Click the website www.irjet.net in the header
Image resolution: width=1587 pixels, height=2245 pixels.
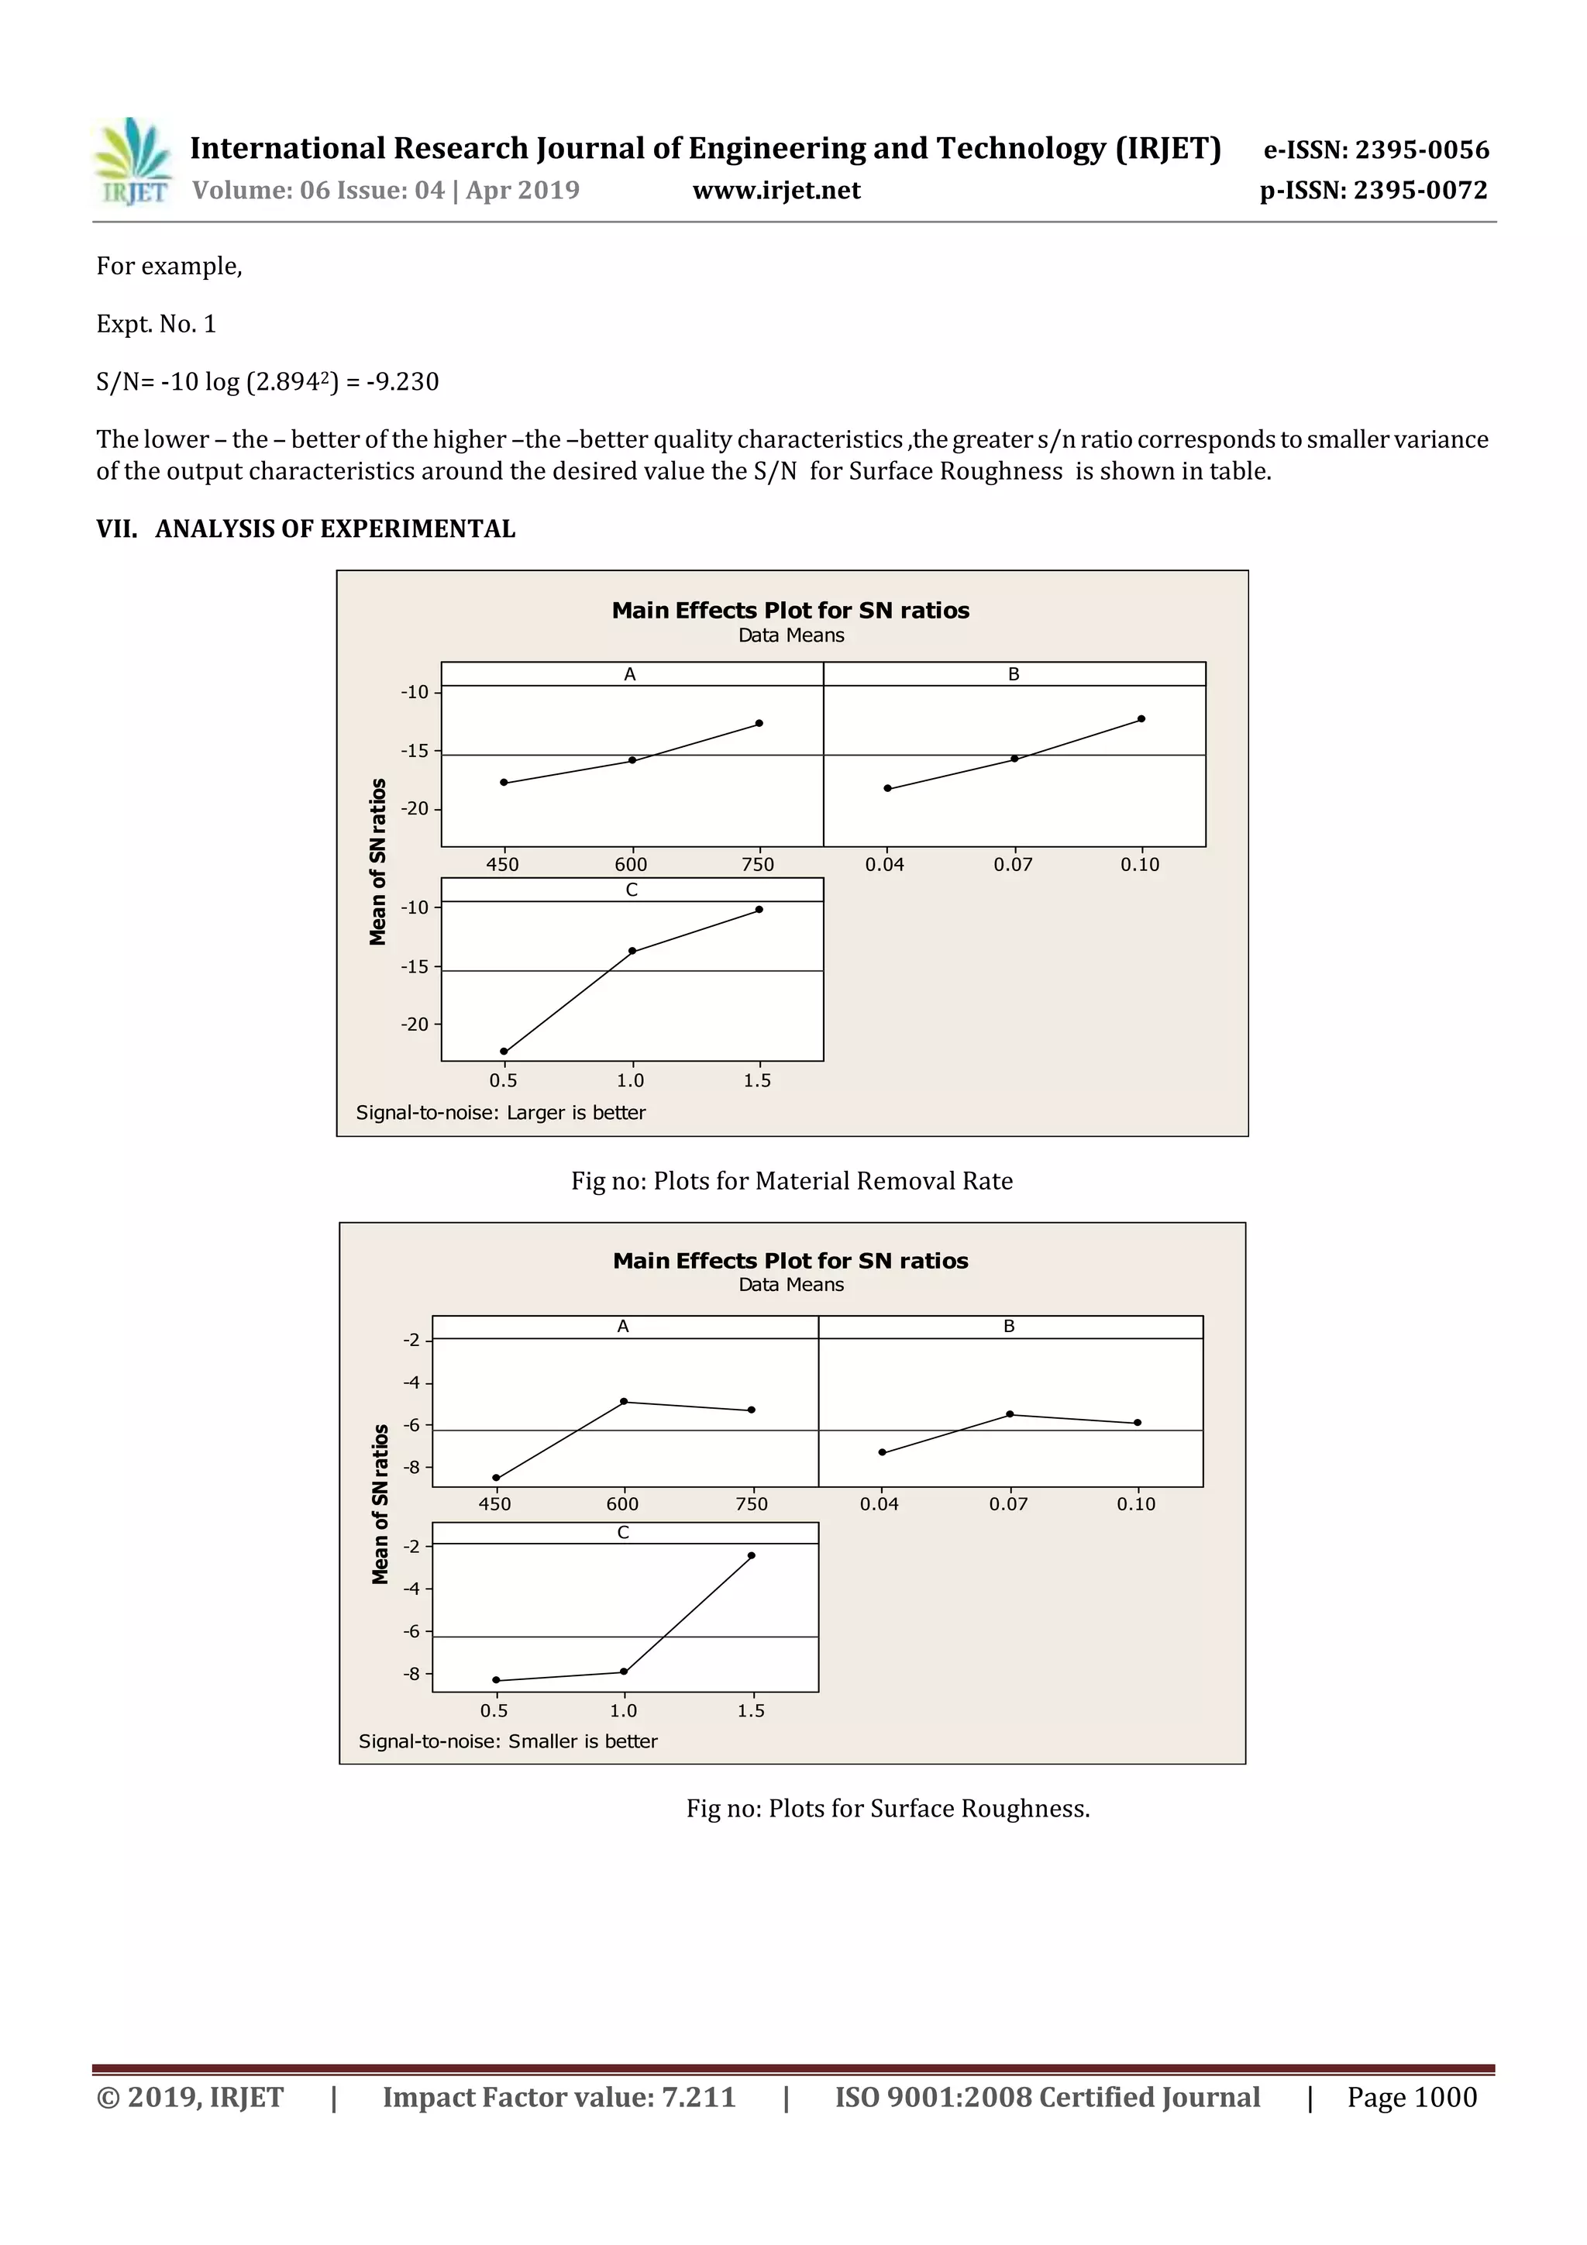(x=776, y=190)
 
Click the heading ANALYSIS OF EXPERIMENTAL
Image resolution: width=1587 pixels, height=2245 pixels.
(x=335, y=529)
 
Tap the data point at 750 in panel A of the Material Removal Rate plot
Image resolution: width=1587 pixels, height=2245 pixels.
(x=759, y=724)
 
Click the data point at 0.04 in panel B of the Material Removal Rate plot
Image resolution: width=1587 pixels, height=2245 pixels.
(x=887, y=788)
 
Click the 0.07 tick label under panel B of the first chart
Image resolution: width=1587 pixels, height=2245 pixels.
(x=1013, y=864)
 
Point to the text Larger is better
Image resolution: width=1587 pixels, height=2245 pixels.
(x=576, y=1113)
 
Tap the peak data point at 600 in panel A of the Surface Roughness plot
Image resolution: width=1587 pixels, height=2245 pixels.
(x=624, y=1401)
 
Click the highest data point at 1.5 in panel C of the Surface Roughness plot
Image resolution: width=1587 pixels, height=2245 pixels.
(x=751, y=1555)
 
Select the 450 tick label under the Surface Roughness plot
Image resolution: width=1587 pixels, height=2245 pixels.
(x=495, y=1504)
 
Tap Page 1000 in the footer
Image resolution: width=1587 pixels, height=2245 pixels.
(x=1411, y=2096)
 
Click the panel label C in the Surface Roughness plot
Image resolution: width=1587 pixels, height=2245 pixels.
(x=623, y=1532)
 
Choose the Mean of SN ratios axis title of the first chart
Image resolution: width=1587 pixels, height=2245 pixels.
(x=377, y=862)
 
